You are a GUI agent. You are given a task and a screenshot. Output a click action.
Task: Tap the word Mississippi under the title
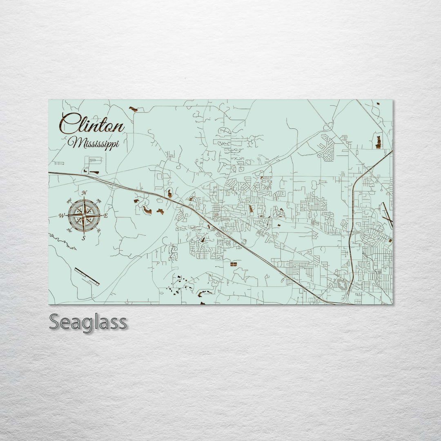[93, 143]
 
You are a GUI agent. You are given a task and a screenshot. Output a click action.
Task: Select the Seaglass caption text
[88, 322]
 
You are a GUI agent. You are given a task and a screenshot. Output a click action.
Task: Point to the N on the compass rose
[84, 193]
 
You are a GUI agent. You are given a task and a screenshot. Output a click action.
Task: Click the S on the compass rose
[84, 238]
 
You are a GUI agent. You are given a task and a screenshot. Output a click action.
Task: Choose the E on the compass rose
[105, 216]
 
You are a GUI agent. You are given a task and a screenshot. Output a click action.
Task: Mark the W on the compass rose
[62, 216]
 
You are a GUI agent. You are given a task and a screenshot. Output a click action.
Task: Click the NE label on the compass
[98, 201]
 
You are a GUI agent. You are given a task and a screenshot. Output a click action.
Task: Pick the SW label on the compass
[70, 230]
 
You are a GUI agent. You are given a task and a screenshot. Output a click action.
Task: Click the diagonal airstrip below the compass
[87, 276]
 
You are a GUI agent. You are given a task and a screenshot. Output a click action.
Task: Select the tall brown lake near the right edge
[378, 142]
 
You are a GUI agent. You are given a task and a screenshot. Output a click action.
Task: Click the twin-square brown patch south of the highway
[233, 265]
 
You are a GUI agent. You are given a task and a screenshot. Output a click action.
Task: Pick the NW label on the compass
[69, 200]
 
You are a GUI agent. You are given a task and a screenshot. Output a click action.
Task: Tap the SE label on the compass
[98, 230]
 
